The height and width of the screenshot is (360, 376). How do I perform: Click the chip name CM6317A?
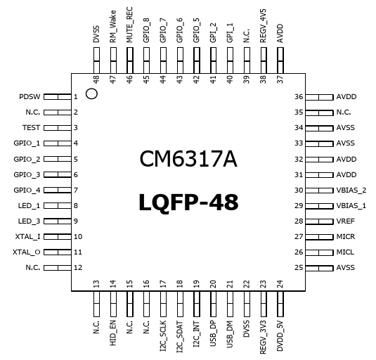[x=188, y=159]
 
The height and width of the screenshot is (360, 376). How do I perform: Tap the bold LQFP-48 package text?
[x=188, y=202]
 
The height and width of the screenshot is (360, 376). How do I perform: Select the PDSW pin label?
[x=30, y=96]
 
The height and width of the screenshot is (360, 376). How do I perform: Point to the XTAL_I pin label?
[x=28, y=237]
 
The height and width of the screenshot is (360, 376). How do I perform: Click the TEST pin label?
[x=31, y=127]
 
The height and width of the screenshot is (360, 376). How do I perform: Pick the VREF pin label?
[x=345, y=221]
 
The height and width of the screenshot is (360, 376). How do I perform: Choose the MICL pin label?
[x=345, y=252]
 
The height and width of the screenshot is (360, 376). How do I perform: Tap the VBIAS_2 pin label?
[x=351, y=190]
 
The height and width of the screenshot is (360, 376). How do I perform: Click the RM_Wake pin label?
[x=113, y=27]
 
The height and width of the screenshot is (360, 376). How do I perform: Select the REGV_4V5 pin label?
[x=263, y=26]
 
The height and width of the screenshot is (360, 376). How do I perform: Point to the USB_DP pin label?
[x=213, y=333]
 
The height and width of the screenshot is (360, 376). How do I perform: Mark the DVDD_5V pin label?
[x=280, y=336]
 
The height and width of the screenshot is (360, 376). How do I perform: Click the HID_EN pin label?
[x=113, y=333]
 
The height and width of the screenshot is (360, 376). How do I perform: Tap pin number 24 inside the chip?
[x=280, y=284]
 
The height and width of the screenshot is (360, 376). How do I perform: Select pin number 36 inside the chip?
[x=299, y=96]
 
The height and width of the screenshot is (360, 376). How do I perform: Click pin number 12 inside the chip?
[x=78, y=267]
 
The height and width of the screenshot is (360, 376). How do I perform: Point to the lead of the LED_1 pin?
[x=58, y=206]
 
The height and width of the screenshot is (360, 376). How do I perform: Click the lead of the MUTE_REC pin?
[x=130, y=60]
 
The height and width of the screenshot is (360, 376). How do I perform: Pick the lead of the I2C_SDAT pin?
[x=180, y=304]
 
